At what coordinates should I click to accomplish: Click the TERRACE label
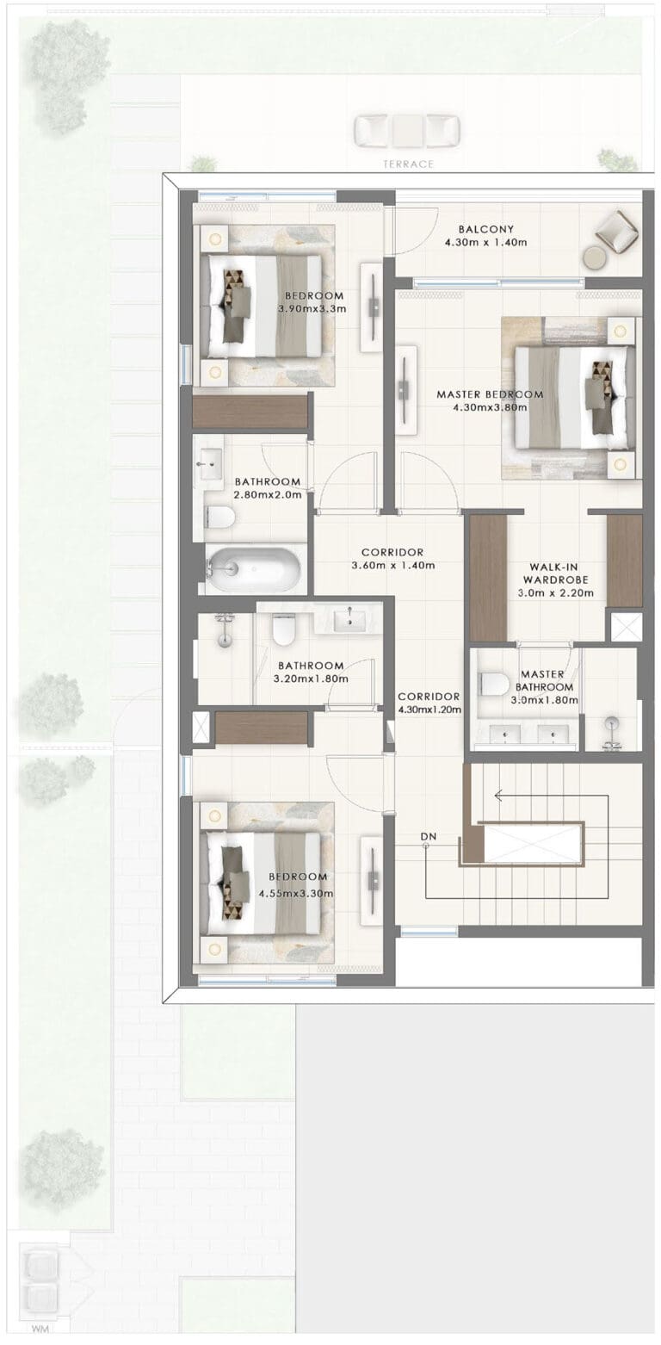pyautogui.click(x=408, y=164)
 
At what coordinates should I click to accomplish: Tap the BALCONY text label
pyautogui.click(x=485, y=229)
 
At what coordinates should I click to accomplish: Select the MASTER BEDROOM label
pyautogui.click(x=490, y=394)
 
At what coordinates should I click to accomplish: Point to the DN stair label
pyautogui.click(x=428, y=836)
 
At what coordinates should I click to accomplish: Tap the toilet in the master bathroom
pyautogui.click(x=494, y=683)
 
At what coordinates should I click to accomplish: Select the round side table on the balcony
pyautogui.click(x=595, y=257)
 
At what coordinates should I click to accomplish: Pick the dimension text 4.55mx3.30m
pyautogui.click(x=296, y=893)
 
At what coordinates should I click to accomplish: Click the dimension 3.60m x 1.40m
pyautogui.click(x=392, y=565)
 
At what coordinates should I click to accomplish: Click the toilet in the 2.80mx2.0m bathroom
pyautogui.click(x=219, y=517)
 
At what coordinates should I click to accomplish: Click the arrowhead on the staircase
pyautogui.click(x=497, y=796)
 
